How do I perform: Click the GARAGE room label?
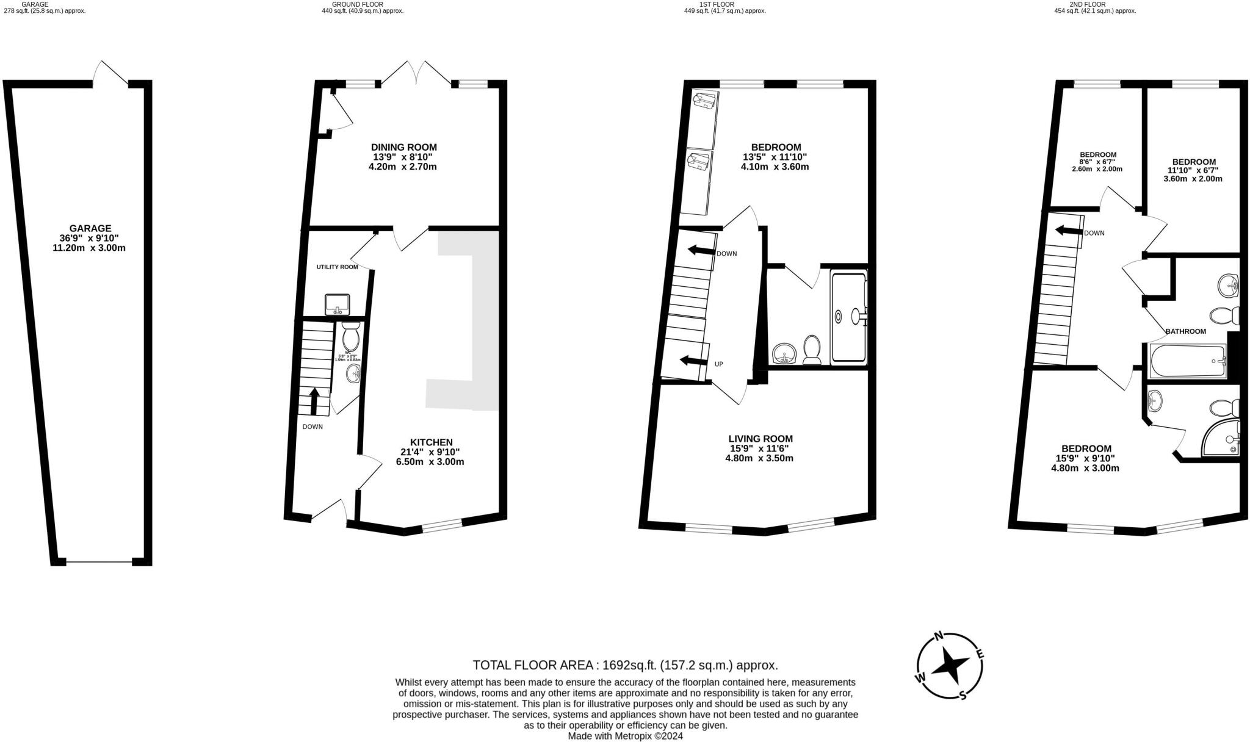pyautogui.click(x=90, y=228)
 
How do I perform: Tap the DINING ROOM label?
pyautogui.click(x=403, y=147)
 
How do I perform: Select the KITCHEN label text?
pyautogui.click(x=431, y=442)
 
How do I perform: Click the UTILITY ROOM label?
pyautogui.click(x=337, y=267)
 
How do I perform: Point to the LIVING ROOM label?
pyautogui.click(x=760, y=439)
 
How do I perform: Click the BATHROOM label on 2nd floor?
pyautogui.click(x=1185, y=331)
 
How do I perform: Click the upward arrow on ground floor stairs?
pyautogui.click(x=314, y=401)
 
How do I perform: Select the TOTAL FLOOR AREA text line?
pyautogui.click(x=625, y=665)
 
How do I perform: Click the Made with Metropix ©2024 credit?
pyautogui.click(x=625, y=736)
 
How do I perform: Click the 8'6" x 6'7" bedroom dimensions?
pyautogui.click(x=1097, y=162)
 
